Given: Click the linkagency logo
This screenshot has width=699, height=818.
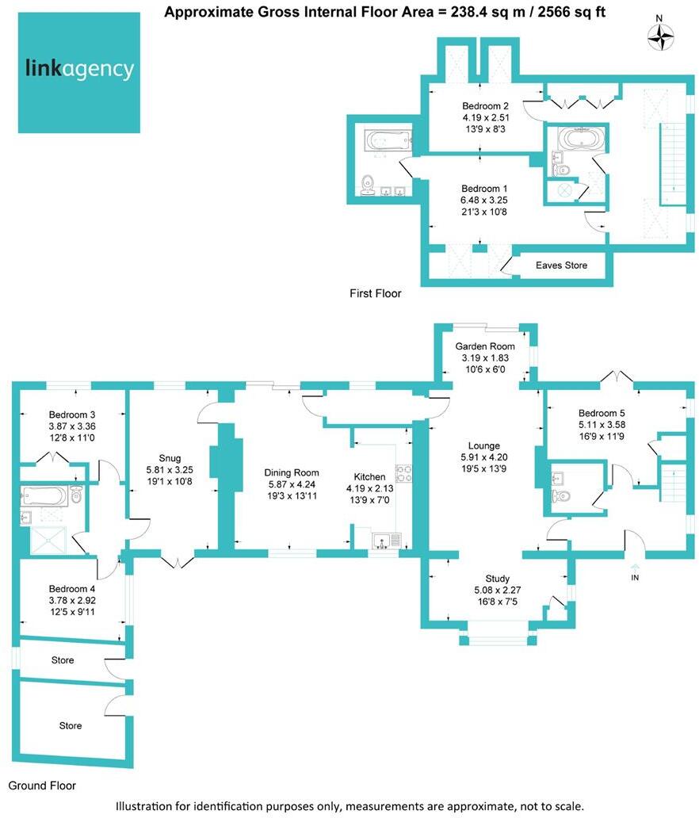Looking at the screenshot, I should click(79, 71).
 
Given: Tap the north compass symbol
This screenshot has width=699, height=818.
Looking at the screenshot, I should click(660, 35).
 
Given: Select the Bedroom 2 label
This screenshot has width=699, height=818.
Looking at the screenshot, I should click(485, 106).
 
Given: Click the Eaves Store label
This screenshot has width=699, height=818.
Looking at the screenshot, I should click(561, 266).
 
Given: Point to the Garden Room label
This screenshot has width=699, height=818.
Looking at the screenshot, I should click(484, 346).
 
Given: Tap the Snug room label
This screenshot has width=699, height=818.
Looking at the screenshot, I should click(170, 457).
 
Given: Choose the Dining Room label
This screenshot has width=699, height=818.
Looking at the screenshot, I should click(292, 472).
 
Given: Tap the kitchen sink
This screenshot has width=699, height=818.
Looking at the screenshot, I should click(388, 542).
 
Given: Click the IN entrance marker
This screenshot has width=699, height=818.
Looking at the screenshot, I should click(635, 578).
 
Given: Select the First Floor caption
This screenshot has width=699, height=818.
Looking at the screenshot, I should click(375, 294).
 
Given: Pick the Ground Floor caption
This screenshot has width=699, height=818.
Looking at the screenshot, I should click(41, 786).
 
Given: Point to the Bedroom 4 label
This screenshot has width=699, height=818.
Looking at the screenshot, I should click(71, 589).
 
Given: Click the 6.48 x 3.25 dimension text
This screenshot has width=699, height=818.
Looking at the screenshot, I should click(484, 201).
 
